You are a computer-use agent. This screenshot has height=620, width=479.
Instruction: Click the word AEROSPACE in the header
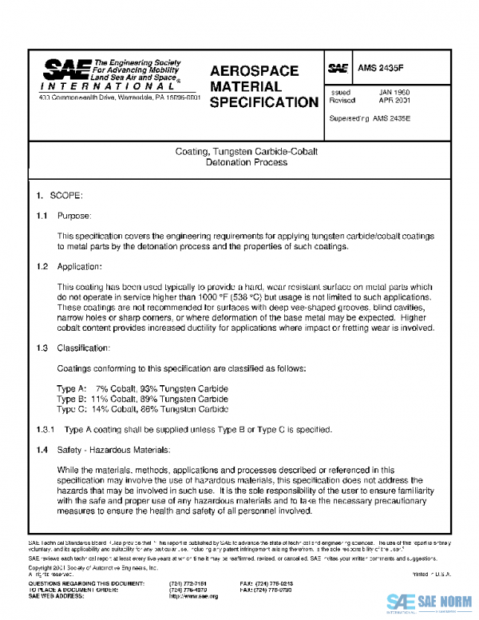tap(254, 70)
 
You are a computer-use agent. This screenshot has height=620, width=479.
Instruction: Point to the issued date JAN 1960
tap(394, 93)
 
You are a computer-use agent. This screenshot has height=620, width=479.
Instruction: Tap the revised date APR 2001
tap(394, 101)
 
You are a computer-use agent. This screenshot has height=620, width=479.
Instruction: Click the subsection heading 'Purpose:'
tap(75, 216)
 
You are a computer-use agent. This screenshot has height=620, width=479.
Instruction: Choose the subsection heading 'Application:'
tap(81, 266)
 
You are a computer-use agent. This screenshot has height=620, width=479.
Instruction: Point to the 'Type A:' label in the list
tap(72, 388)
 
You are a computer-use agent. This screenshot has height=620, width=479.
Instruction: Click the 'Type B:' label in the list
tap(72, 398)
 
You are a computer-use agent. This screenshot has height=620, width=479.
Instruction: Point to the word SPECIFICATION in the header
tap(263, 101)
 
